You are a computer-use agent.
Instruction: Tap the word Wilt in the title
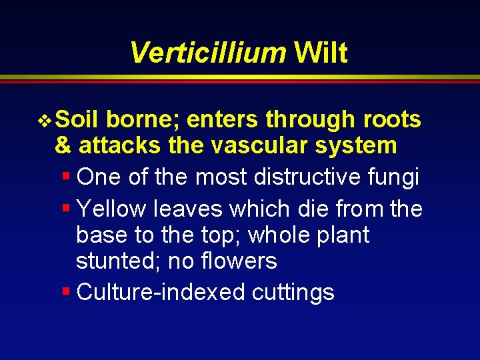(321, 53)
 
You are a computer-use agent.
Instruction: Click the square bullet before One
(65, 176)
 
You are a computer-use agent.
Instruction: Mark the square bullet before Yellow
(65, 208)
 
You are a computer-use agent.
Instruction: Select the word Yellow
(112, 209)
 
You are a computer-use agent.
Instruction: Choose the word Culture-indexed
(161, 292)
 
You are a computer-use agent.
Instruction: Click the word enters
(223, 119)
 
